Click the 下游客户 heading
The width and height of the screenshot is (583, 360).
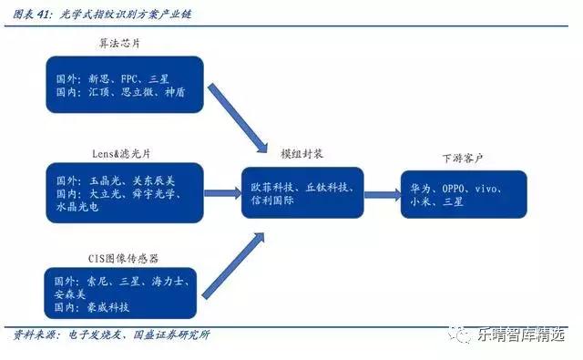tap(466, 157)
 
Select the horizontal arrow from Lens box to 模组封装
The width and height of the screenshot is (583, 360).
tap(219, 191)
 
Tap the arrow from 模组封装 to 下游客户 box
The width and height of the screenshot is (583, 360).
tap(382, 191)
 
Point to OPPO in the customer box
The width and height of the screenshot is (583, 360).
tap(455, 187)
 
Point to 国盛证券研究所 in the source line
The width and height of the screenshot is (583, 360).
tap(170, 334)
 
